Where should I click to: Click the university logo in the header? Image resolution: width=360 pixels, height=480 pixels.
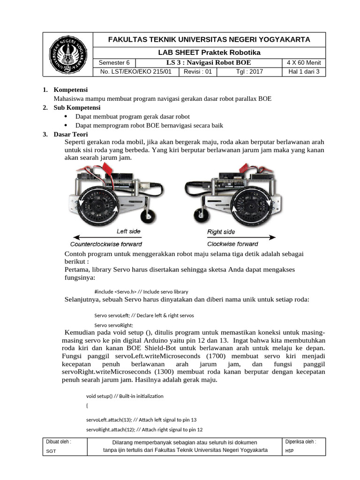click(68, 54)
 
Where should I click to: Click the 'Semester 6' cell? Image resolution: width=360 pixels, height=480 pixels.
click(115, 63)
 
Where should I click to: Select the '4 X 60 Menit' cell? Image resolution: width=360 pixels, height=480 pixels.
click(304, 63)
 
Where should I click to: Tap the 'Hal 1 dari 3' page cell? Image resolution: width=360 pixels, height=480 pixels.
click(304, 72)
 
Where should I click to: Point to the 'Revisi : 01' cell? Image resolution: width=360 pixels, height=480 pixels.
click(198, 72)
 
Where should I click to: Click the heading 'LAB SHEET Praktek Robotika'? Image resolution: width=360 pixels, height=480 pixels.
click(209, 52)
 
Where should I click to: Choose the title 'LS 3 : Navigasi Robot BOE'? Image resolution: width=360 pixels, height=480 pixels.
click(209, 63)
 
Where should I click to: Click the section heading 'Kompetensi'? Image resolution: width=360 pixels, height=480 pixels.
click(71, 90)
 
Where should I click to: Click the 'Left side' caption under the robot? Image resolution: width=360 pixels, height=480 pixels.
click(128, 232)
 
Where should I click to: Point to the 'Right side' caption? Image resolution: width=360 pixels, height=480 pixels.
click(221, 232)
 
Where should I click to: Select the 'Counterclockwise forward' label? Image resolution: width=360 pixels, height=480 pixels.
click(106, 244)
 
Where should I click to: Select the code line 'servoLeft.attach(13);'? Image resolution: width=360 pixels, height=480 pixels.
click(142, 420)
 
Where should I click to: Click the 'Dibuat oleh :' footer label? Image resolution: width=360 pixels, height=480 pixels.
click(59, 442)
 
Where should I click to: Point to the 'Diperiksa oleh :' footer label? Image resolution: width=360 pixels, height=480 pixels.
click(300, 442)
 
